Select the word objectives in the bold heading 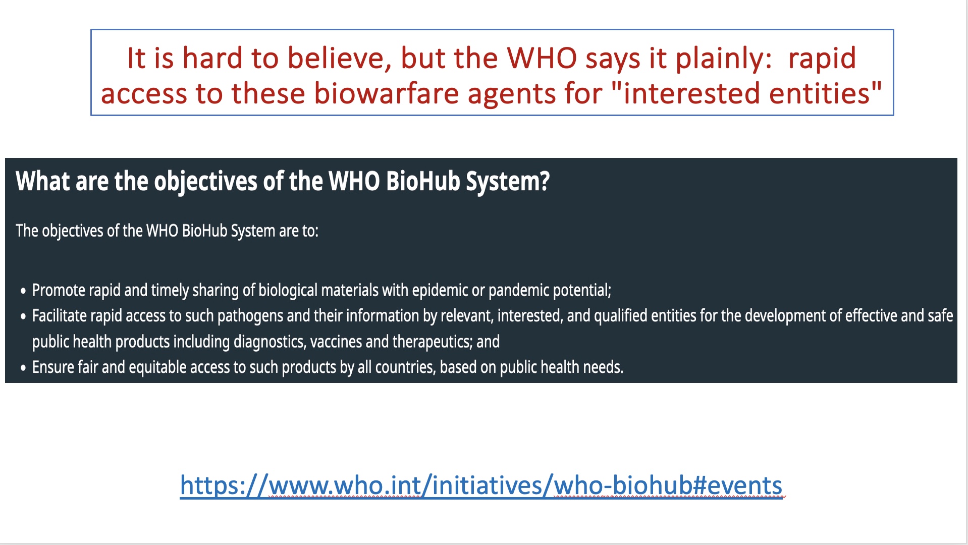click(x=205, y=182)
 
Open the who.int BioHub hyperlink click(x=481, y=485)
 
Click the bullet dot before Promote click(x=23, y=291)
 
